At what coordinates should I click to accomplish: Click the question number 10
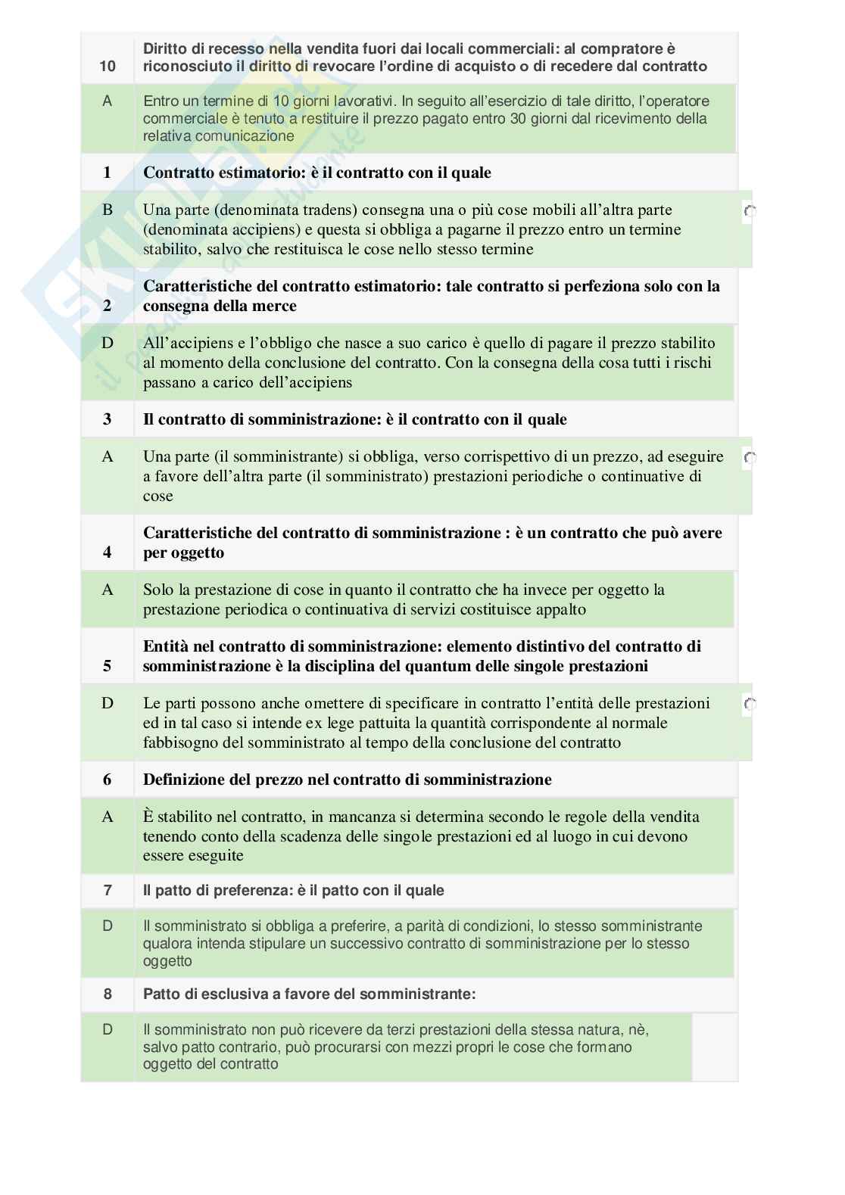pos(107,66)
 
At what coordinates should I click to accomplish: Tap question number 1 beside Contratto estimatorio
pos(107,173)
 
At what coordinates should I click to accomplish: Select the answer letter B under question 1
pos(107,210)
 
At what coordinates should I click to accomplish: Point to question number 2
pos(107,306)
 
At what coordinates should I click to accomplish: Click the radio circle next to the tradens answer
pos(750,212)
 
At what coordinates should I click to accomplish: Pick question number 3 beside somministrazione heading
pos(107,419)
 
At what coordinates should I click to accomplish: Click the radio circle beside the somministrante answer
pos(750,458)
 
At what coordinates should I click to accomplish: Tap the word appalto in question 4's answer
pos(560,609)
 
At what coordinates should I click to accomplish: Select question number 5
pos(107,666)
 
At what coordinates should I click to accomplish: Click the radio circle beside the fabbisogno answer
pos(750,705)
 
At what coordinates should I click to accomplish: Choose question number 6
pos(107,780)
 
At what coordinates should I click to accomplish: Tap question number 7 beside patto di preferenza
pos(107,890)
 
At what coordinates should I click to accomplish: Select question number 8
pos(107,994)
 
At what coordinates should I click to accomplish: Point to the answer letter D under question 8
pos(107,1029)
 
